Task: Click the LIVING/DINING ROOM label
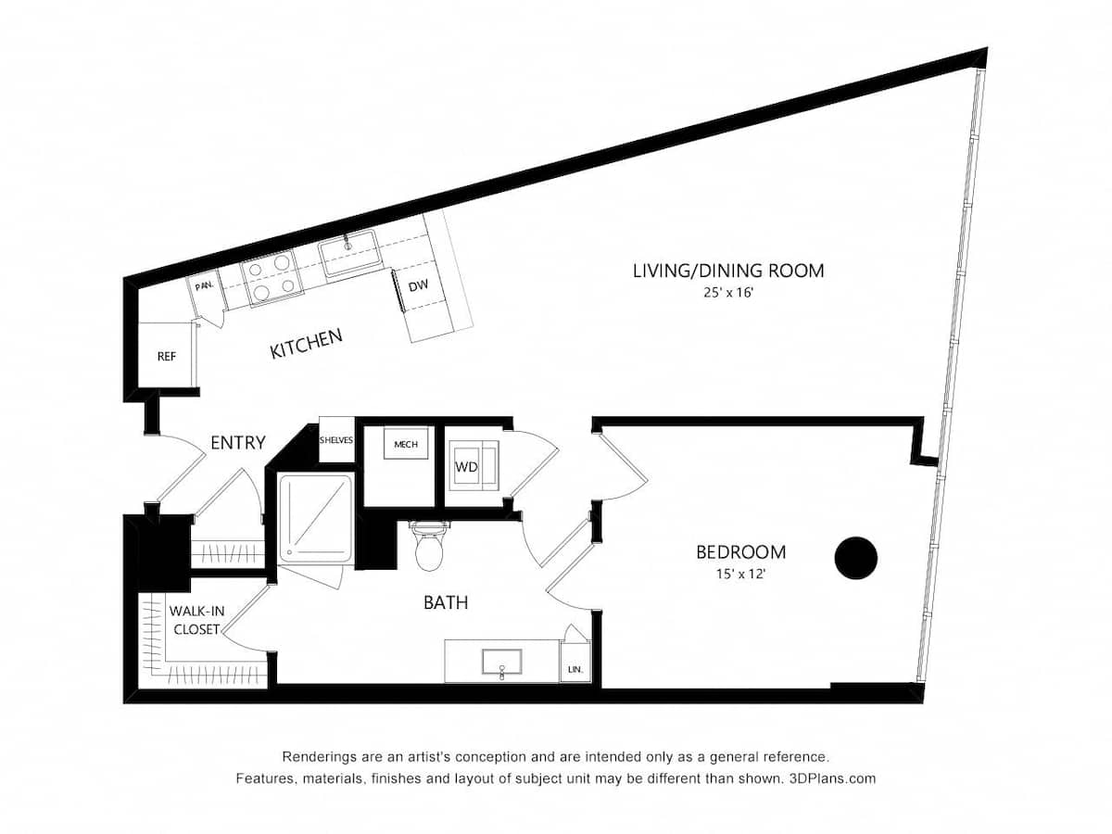(728, 271)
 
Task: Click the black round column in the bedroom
(855, 558)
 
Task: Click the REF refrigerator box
(167, 355)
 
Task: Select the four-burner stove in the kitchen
(272, 277)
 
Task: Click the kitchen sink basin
(349, 253)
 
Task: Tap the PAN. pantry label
(205, 285)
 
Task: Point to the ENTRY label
(238, 443)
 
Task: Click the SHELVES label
(337, 440)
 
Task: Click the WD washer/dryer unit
(473, 467)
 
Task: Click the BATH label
(446, 602)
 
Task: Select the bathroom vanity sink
(501, 662)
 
